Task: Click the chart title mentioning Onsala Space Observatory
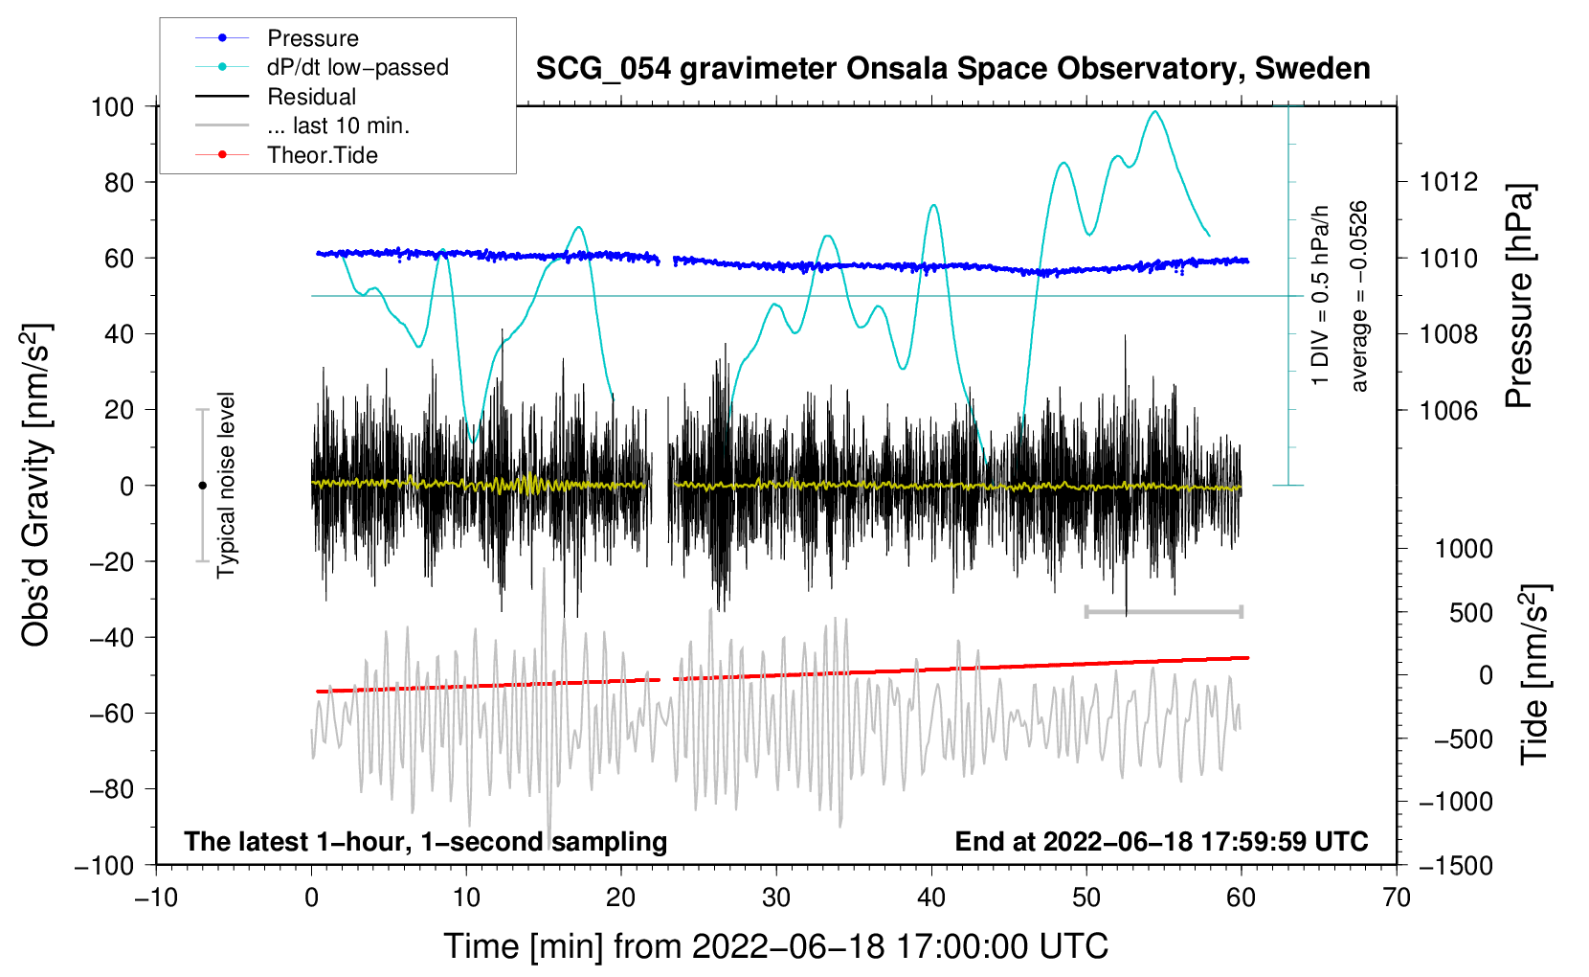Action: click(952, 69)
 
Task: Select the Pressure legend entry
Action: click(313, 37)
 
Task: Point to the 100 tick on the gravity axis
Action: click(113, 107)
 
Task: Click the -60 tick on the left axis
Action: click(111, 713)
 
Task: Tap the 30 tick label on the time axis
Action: click(776, 897)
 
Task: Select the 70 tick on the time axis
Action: click(1396, 897)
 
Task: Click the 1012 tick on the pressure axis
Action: click(1448, 183)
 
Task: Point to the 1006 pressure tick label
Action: click(1448, 410)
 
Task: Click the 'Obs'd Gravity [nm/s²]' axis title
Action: click(36, 485)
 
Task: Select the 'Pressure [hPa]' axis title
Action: click(1519, 296)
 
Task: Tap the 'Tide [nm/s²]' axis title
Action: click(1535, 674)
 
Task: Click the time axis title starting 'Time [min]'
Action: click(776, 946)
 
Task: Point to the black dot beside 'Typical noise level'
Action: click(202, 486)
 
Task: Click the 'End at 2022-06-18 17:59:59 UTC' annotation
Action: click(1161, 841)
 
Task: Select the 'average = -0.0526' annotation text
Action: click(1358, 296)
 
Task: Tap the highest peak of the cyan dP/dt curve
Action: click(1155, 111)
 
